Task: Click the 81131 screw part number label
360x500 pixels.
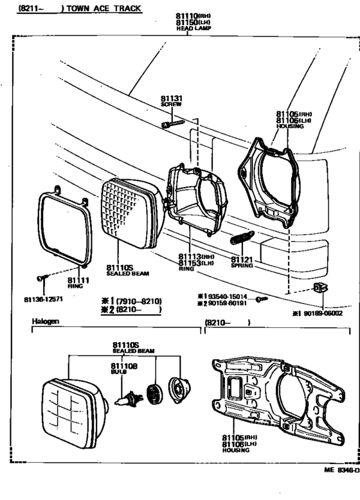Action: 172,99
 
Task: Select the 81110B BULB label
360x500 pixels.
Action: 120,368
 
